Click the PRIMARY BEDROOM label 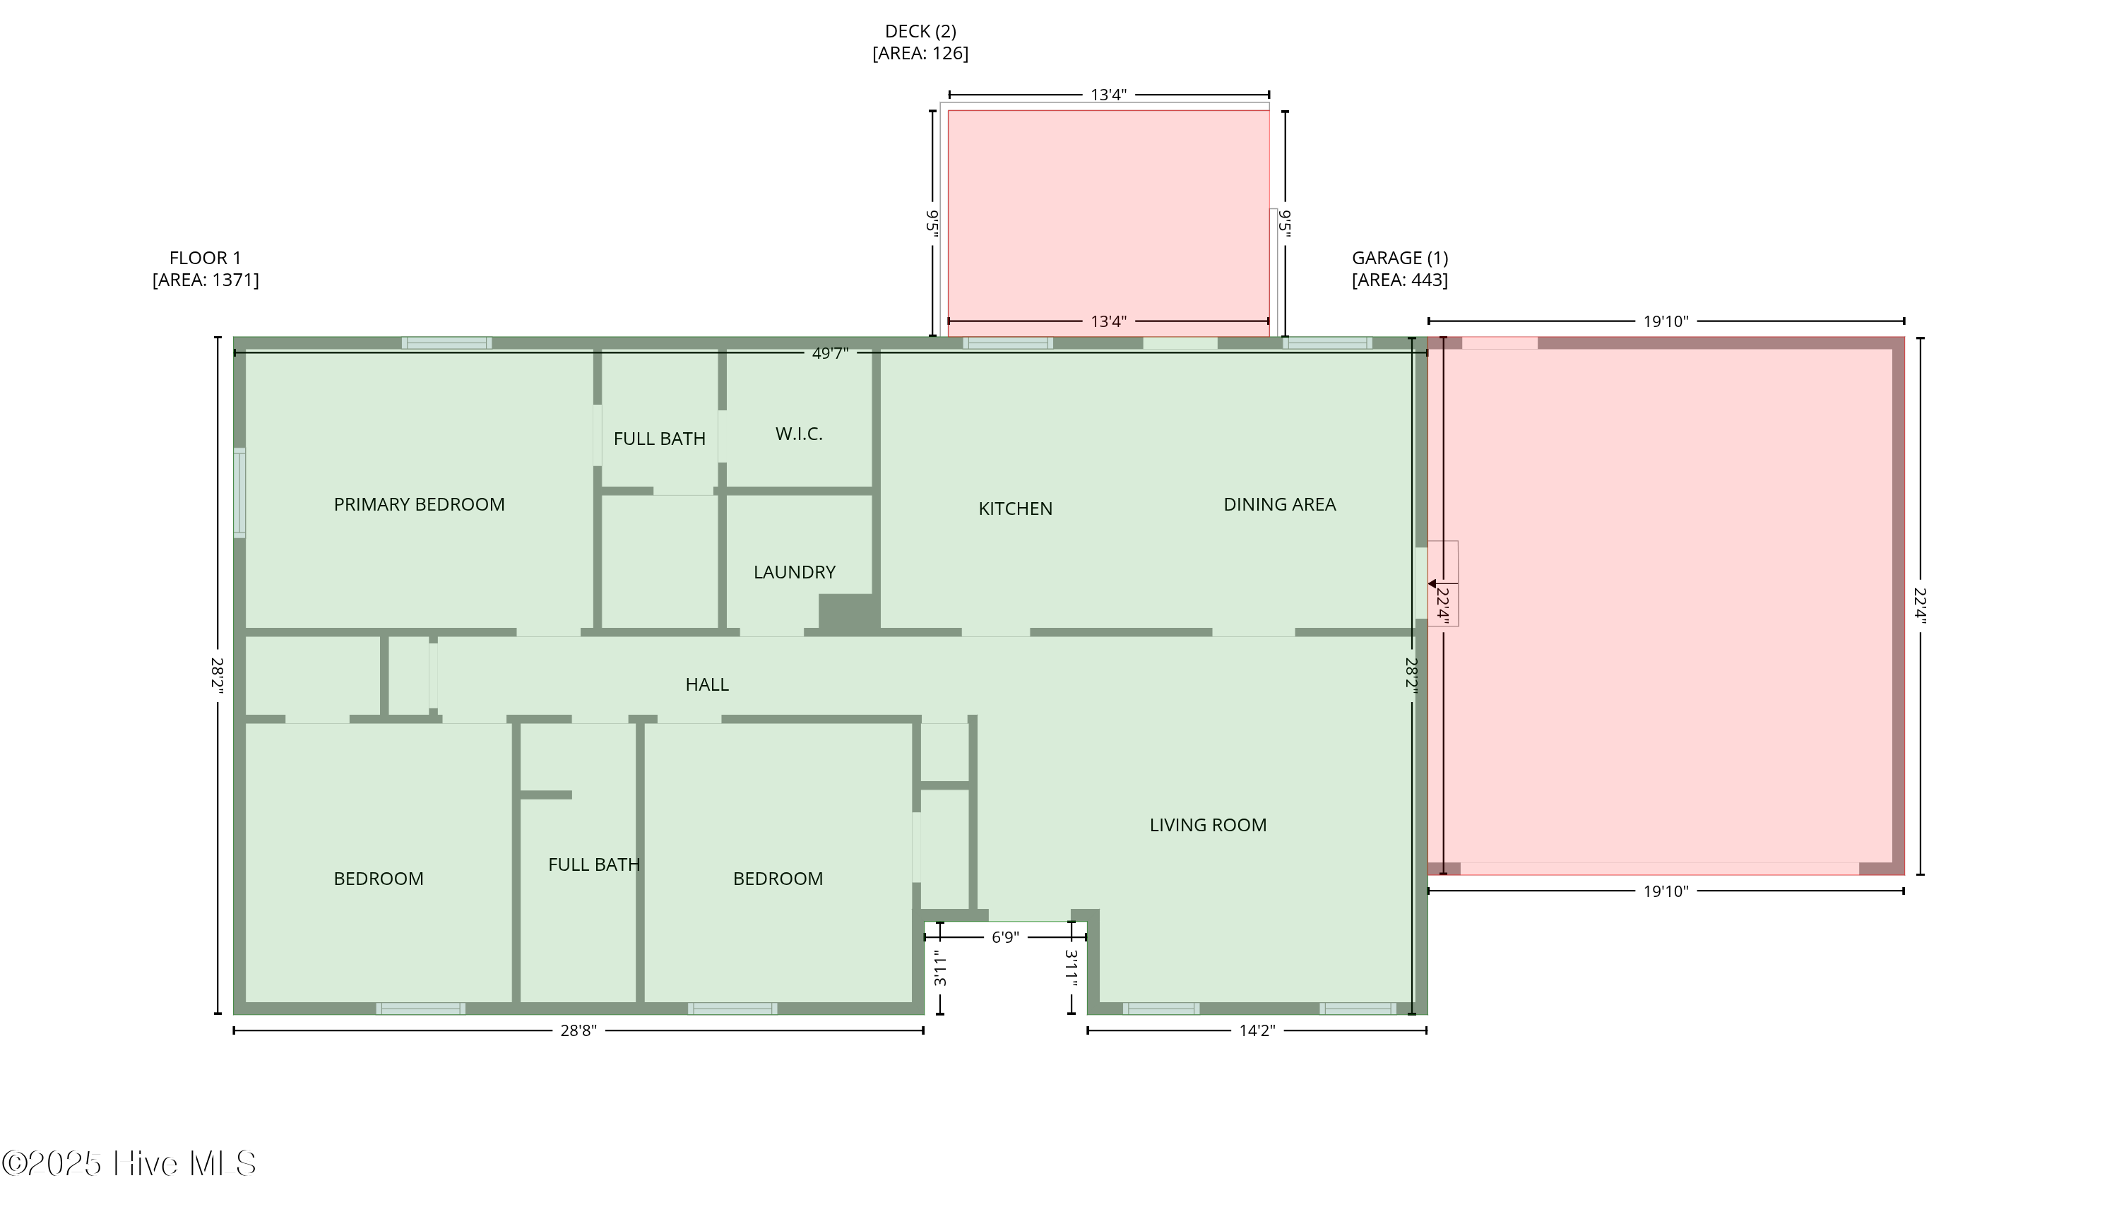point(419,504)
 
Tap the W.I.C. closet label point(799,434)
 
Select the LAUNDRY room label point(795,572)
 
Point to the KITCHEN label point(1016,509)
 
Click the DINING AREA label point(1279,504)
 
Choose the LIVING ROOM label point(1207,825)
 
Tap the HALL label point(706,684)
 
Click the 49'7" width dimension point(830,353)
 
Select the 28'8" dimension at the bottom point(578,1030)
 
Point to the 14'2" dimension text point(1257,1030)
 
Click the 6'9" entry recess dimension point(1004,937)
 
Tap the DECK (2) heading point(920,31)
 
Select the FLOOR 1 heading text point(205,258)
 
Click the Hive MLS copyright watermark point(129,1163)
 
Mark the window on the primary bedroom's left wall point(239,492)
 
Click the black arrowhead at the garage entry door point(1432,583)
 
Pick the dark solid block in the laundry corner point(848,612)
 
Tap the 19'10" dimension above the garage point(1666,321)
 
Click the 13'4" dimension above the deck point(1108,95)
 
